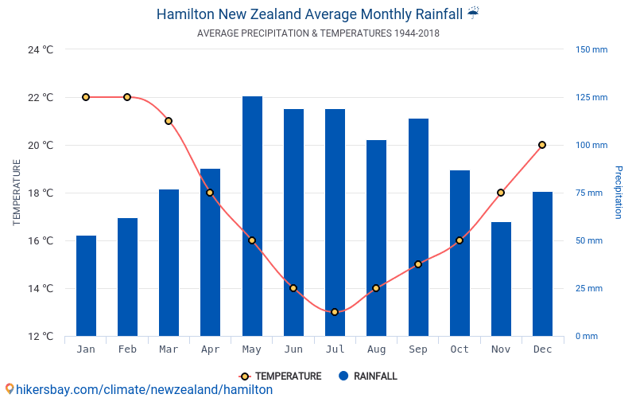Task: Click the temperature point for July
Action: click(x=335, y=312)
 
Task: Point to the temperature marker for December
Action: click(x=542, y=145)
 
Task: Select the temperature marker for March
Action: click(x=169, y=121)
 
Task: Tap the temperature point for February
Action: click(x=127, y=97)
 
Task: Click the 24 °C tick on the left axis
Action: click(x=40, y=49)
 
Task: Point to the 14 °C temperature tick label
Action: click(x=40, y=288)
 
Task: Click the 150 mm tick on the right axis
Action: click(x=591, y=49)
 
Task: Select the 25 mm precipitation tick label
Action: click(x=588, y=288)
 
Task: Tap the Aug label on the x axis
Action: click(x=376, y=349)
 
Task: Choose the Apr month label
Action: click(x=210, y=349)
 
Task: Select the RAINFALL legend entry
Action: click(x=367, y=376)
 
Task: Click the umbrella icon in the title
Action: click(x=473, y=13)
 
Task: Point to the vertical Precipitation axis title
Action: click(x=619, y=193)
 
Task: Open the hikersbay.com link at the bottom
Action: click(x=139, y=389)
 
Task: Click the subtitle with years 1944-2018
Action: click(x=318, y=33)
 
